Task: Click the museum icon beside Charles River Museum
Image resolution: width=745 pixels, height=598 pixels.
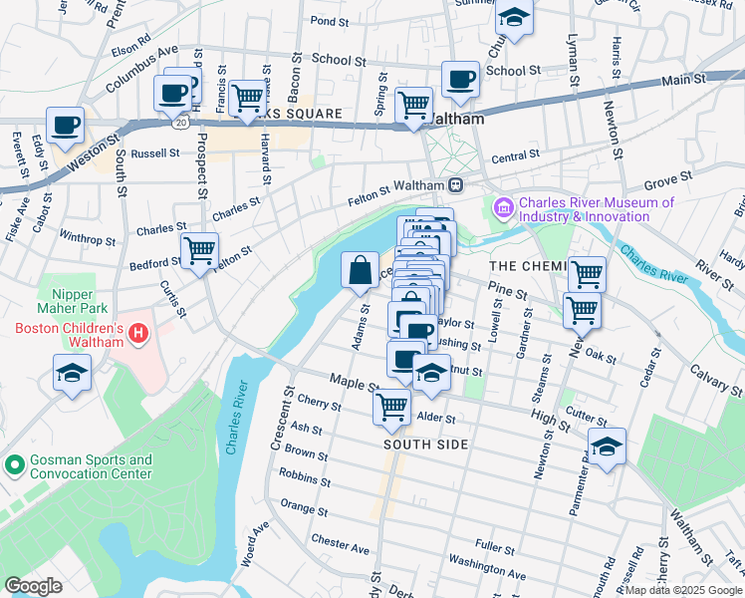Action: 503,208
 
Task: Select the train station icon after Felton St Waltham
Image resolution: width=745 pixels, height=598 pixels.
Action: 455,183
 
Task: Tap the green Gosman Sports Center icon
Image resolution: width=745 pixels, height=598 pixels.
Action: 14,465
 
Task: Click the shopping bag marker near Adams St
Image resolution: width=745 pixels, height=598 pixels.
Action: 360,270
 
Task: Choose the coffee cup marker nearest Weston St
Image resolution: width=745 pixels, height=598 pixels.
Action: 66,126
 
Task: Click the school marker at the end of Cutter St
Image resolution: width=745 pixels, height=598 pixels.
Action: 607,448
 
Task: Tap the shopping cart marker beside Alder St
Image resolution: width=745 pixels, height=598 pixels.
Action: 392,406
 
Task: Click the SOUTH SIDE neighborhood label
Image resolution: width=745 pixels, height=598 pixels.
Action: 425,445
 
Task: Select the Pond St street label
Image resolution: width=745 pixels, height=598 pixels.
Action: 328,20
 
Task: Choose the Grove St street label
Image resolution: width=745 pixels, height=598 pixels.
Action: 667,180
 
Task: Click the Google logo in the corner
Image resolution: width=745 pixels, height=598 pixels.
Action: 33,585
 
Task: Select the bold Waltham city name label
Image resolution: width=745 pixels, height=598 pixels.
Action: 455,119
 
